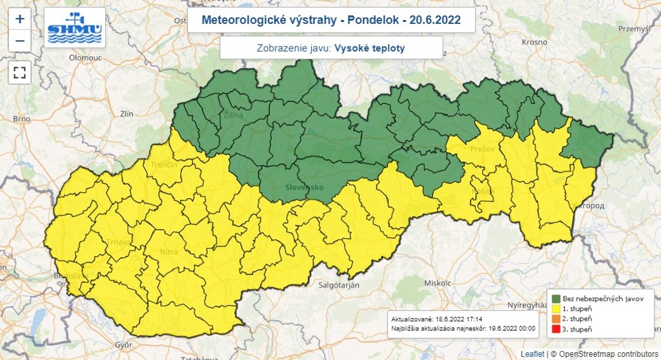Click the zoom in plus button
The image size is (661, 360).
click(19, 19)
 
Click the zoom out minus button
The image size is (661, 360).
click(19, 41)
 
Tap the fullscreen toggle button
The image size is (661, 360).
click(19, 72)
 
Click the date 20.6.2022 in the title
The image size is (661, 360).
click(436, 20)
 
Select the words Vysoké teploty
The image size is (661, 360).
click(370, 48)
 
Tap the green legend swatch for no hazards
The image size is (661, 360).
click(555, 299)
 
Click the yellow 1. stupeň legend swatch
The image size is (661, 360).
click(555, 309)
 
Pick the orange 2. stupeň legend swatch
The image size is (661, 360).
click(555, 319)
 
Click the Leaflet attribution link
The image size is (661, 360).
click(533, 354)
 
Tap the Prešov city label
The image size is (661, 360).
click(482, 149)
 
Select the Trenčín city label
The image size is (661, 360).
click(164, 165)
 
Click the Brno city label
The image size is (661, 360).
click(21, 119)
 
